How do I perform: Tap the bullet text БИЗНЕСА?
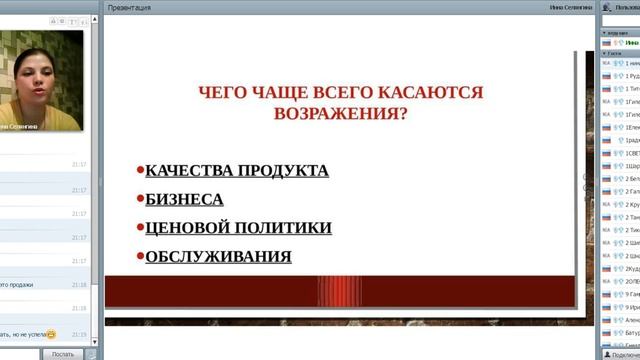[x=184, y=199]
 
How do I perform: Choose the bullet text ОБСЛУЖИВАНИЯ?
[x=218, y=257]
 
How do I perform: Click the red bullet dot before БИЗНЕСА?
[x=140, y=199]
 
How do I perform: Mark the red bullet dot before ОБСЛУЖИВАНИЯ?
[x=140, y=256]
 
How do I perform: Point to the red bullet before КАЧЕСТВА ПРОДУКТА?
[x=140, y=170]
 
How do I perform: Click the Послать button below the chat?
[x=62, y=353]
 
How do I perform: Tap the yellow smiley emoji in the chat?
[x=51, y=334]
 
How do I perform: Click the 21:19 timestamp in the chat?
[x=79, y=334]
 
